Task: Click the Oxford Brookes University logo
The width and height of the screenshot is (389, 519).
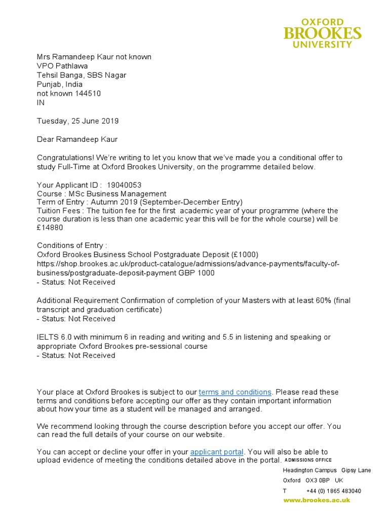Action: click(322, 33)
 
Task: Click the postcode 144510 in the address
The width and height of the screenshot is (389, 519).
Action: click(88, 94)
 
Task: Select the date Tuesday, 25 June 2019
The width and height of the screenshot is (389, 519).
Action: click(78, 121)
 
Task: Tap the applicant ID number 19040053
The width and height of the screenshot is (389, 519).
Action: click(124, 186)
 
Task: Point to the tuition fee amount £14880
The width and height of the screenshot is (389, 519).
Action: click(49, 228)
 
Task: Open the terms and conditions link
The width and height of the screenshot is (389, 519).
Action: click(235, 392)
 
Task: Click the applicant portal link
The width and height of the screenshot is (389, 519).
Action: click(217, 452)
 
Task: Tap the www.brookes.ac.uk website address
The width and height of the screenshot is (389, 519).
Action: click(316, 500)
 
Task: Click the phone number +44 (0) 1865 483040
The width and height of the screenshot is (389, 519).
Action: click(334, 491)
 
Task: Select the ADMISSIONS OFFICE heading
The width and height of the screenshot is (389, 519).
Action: click(308, 460)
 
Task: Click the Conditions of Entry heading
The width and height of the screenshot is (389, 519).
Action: click(72, 246)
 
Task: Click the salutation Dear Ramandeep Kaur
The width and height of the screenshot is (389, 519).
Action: click(77, 139)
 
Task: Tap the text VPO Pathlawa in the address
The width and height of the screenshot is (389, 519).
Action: click(62, 66)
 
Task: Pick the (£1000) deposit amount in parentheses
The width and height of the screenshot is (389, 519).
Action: click(245, 254)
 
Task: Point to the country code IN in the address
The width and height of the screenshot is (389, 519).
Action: click(41, 102)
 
